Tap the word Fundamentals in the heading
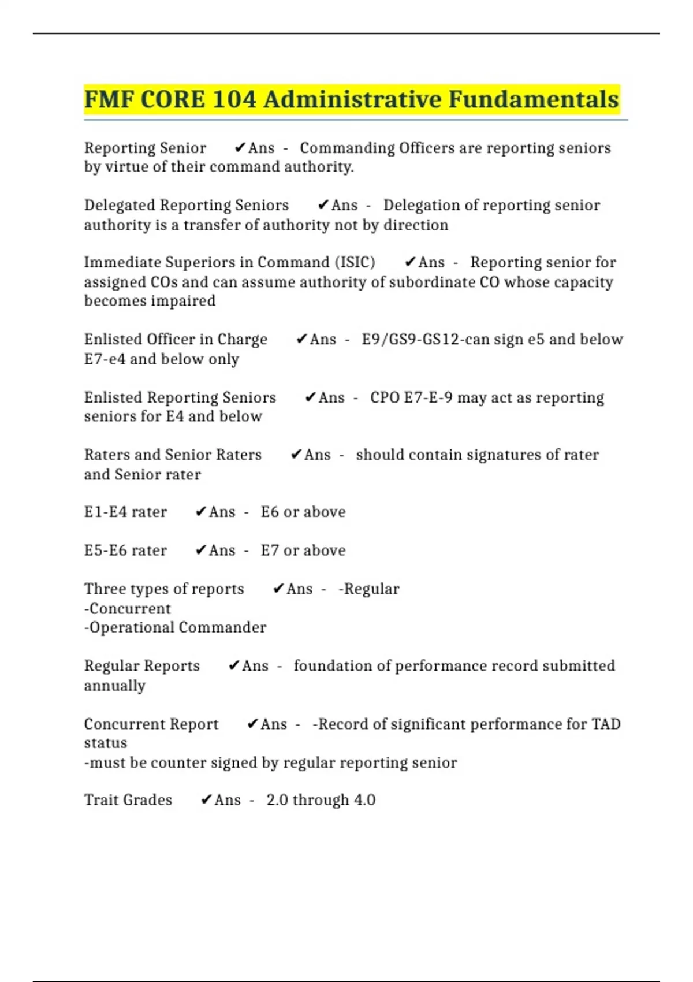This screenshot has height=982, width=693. [x=534, y=99]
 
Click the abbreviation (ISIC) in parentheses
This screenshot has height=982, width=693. [x=355, y=262]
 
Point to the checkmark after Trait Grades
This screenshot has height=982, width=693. [x=206, y=800]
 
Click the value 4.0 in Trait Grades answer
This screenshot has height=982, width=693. [x=364, y=800]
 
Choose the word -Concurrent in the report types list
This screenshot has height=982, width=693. [x=128, y=608]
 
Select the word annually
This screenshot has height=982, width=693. [x=115, y=686]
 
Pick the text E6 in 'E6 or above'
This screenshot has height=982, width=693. [x=270, y=512]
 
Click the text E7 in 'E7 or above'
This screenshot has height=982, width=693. [x=270, y=550]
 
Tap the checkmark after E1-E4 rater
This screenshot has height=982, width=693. [x=201, y=512]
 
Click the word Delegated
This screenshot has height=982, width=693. [x=120, y=205]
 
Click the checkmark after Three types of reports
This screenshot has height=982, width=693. [x=278, y=589]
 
